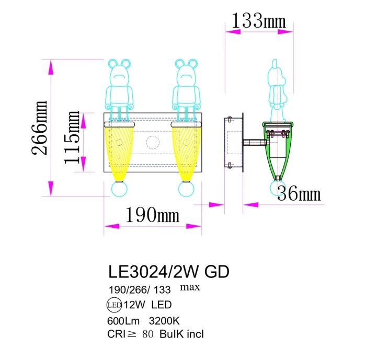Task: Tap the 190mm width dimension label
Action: pyautogui.click(x=152, y=214)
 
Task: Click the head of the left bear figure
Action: pyautogui.click(x=119, y=72)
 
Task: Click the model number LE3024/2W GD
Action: pyautogui.click(x=168, y=272)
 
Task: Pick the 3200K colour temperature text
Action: pyautogui.click(x=165, y=321)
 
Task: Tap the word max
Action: pyautogui.click(x=190, y=287)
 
